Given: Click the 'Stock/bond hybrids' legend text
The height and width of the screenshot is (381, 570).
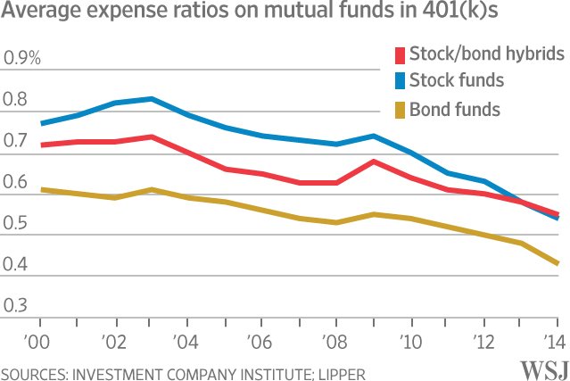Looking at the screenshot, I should point(487,54).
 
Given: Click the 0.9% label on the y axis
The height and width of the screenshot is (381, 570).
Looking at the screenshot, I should point(22,59).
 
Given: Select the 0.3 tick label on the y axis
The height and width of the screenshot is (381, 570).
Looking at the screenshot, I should point(16,305).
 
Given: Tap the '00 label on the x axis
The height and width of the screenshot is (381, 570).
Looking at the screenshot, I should point(40,341).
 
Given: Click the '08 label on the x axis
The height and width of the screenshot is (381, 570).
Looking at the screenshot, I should point(336,341).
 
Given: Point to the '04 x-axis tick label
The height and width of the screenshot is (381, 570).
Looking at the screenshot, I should point(188,341).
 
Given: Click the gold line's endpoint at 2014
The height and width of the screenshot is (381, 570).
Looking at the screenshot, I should point(558,263).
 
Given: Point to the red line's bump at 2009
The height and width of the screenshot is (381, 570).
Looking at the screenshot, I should point(373,162).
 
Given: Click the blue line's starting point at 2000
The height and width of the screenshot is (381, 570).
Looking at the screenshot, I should point(41,123).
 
